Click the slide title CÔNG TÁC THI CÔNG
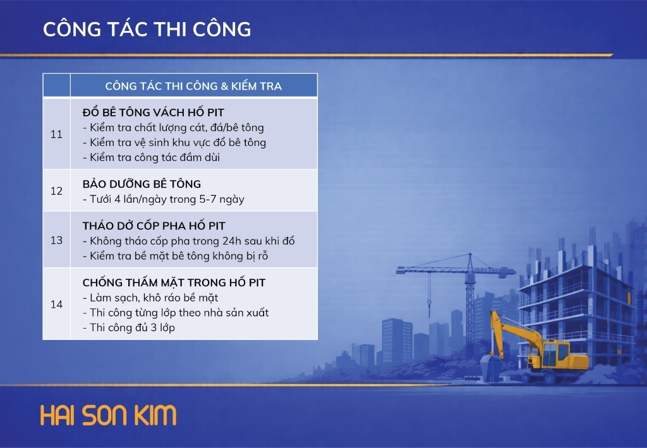(147, 29)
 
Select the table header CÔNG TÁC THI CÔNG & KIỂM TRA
(193, 86)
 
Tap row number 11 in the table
(56, 134)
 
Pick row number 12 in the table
(56, 191)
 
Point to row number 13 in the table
(56, 240)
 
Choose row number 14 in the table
(56, 304)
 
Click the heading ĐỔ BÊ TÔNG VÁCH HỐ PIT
(153, 112)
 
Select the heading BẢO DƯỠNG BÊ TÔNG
(142, 184)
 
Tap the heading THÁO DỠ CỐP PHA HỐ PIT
(154, 226)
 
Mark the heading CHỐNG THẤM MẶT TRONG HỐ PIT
(174, 282)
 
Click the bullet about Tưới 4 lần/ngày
(164, 199)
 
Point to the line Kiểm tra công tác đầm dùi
(152, 157)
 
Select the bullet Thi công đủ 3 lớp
(129, 327)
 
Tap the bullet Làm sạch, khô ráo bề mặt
(150, 298)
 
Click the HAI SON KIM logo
(109, 415)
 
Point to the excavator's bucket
(491, 366)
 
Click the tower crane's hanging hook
(429, 303)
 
